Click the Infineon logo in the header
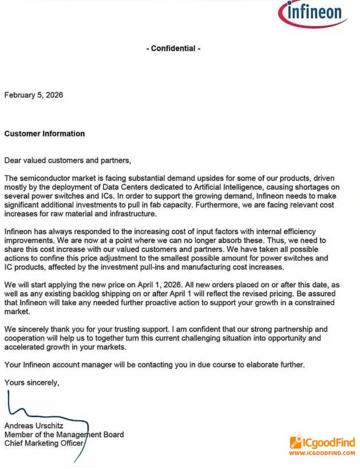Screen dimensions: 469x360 313,14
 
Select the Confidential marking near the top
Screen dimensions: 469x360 173,49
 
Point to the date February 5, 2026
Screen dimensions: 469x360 34,95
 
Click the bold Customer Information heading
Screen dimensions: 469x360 45,133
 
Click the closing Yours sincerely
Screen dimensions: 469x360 31,382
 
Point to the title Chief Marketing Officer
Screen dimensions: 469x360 44,443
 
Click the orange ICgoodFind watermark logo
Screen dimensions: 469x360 322,443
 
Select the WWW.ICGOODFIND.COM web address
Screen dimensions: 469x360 322,453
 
